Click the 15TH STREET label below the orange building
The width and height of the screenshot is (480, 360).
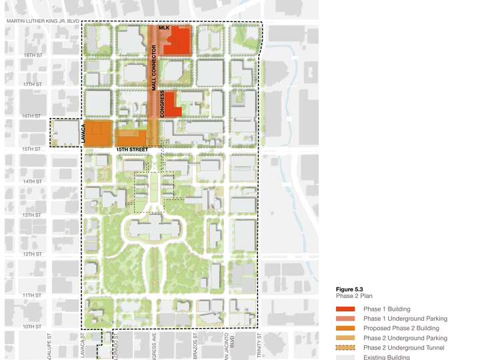tap(131, 151)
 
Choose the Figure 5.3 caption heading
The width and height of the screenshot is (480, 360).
tap(349, 289)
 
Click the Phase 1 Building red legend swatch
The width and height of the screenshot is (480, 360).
tap(347, 309)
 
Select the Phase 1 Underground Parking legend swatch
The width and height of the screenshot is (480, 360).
tap(347, 319)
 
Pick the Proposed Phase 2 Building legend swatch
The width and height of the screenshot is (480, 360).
tap(347, 329)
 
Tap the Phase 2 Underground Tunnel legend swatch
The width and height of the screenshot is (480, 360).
tap(347, 348)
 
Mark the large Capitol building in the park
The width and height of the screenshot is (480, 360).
tap(152, 229)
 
